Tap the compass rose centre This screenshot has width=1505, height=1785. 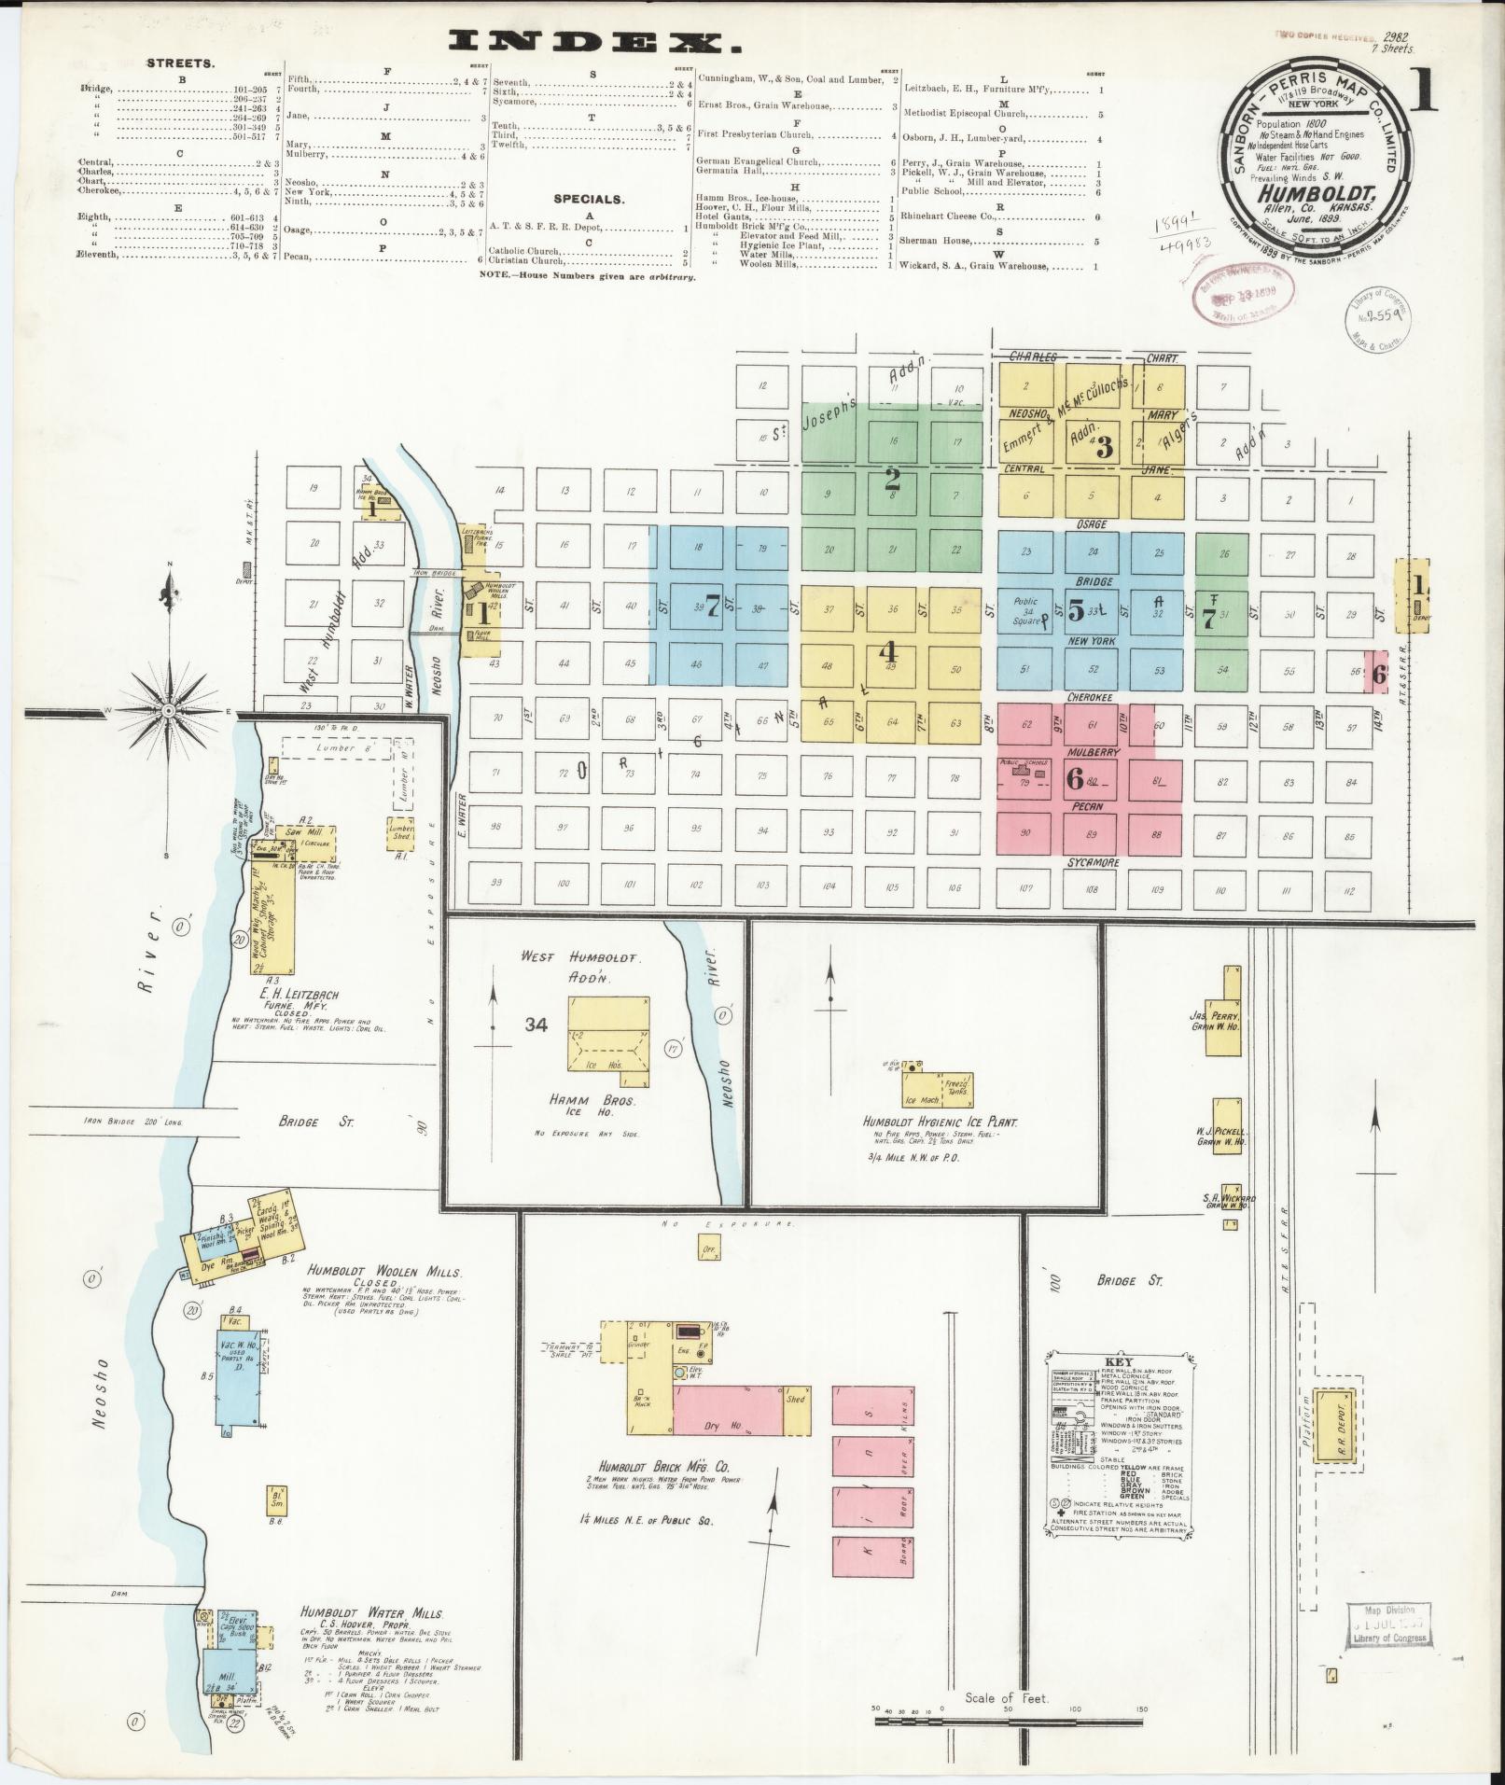[x=168, y=712]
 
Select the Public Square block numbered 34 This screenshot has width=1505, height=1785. [x=1026, y=611]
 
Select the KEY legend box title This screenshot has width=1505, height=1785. [x=1118, y=1361]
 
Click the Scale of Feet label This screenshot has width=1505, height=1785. [x=1007, y=1698]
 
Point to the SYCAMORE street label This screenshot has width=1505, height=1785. [x=1093, y=863]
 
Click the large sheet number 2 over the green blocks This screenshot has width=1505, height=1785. [x=892, y=480]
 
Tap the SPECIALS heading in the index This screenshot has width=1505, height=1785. [x=588, y=199]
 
